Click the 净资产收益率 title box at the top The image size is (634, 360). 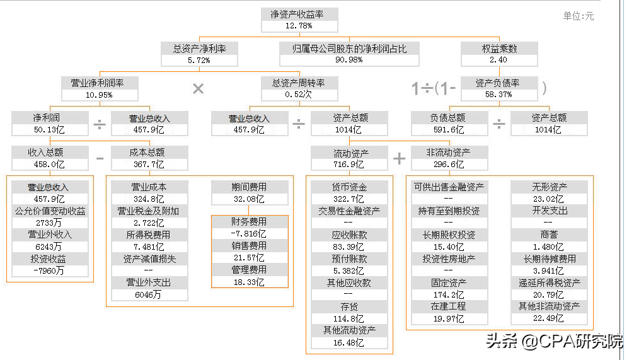tap(299, 15)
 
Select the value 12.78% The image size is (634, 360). tap(299, 26)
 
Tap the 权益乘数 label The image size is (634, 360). tap(499, 49)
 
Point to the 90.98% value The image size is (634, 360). tap(349, 60)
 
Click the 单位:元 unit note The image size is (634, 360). tap(579, 16)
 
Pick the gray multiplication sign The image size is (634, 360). tap(198, 89)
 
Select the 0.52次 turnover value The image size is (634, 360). tap(299, 95)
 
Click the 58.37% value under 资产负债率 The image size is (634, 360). tap(499, 95)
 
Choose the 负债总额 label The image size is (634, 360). tap(449, 118)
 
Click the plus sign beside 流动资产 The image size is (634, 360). tap(400, 158)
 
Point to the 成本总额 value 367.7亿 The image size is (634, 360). tap(149, 165)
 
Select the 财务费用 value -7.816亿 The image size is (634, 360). tap(250, 234)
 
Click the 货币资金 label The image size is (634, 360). tap(350, 187)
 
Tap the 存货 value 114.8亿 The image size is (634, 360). tap(350, 319)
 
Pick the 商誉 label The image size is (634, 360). tap(550, 235)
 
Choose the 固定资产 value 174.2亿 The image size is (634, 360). tap(449, 294)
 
